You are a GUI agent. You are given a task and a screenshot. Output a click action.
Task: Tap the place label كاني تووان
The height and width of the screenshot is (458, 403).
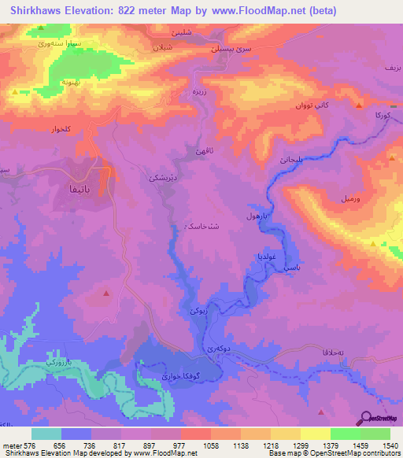click(305, 105)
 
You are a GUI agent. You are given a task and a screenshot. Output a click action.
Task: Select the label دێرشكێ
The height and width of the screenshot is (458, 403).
click(156, 179)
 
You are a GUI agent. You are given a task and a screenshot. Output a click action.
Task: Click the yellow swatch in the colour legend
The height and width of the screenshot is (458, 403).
click(315, 434)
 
